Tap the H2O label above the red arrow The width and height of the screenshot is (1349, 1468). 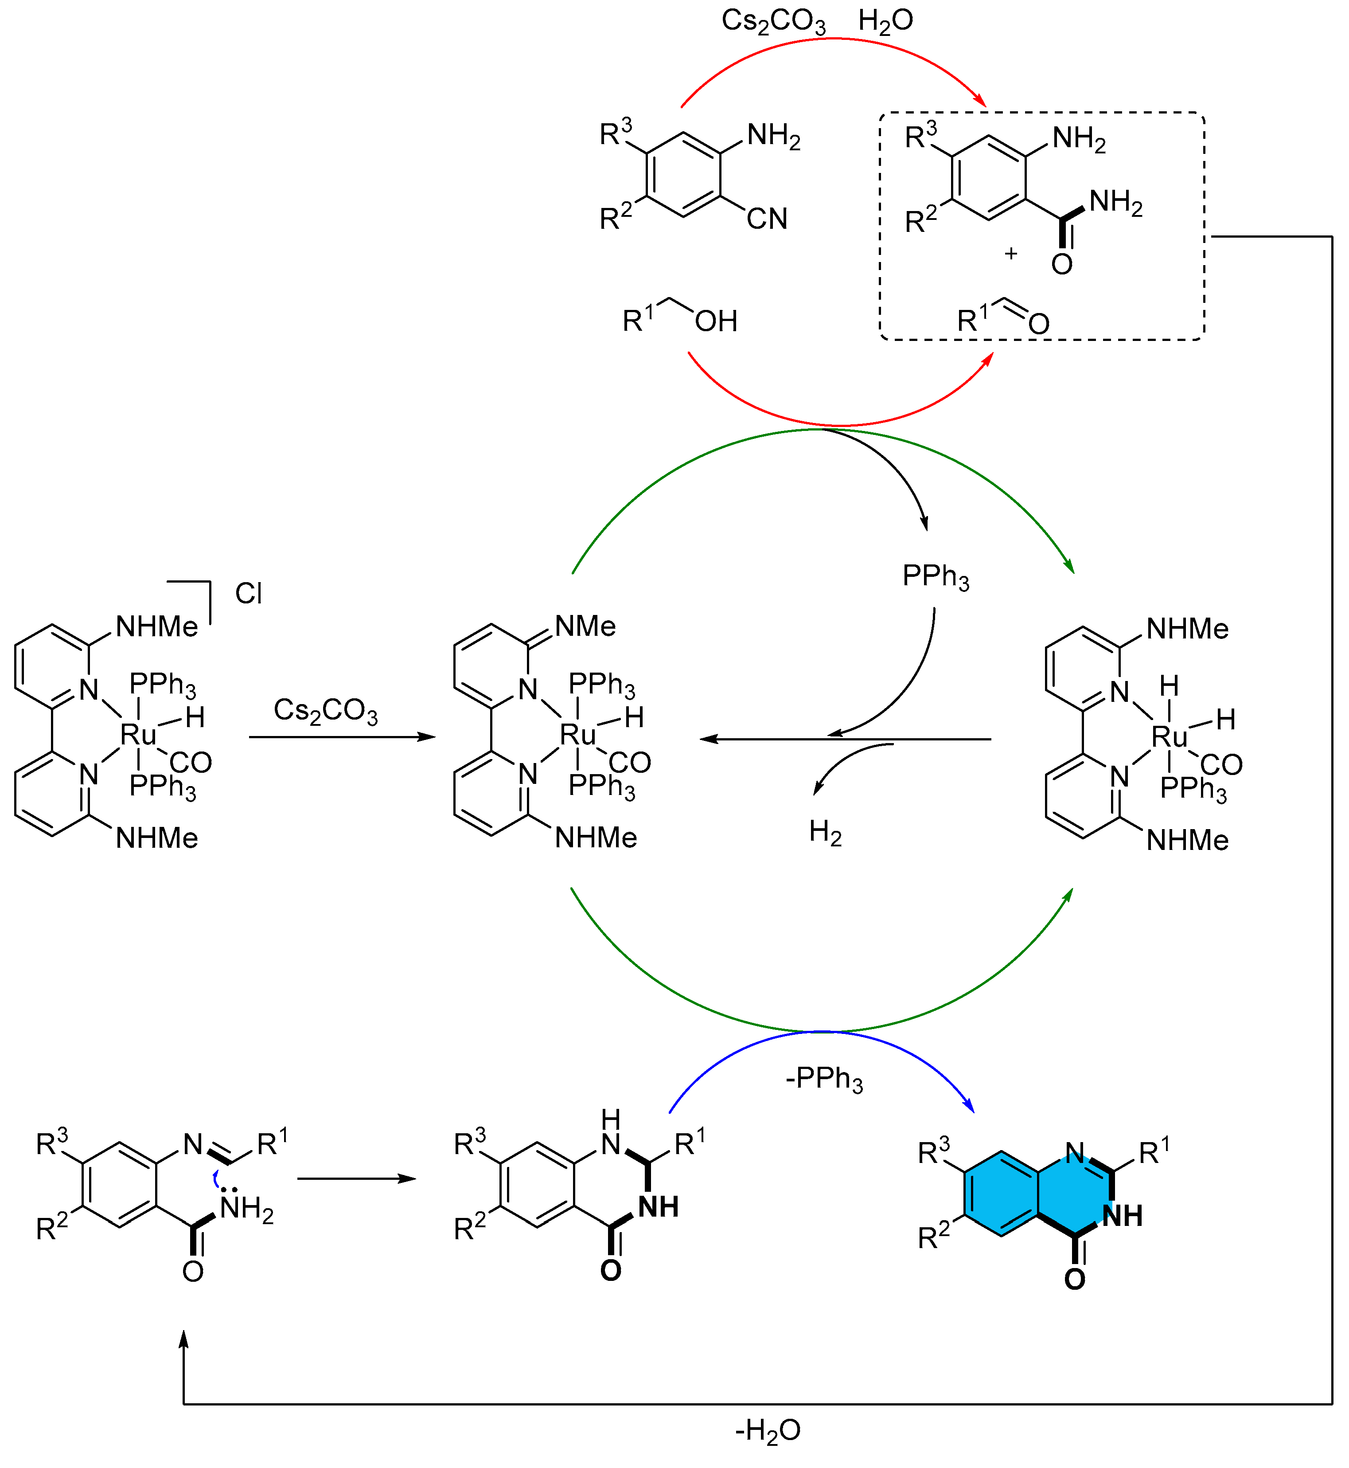coord(885,21)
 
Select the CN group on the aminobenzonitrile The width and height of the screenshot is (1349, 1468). coord(767,219)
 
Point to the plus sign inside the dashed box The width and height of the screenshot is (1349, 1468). coord(1010,254)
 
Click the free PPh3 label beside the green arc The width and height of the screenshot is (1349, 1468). coord(936,577)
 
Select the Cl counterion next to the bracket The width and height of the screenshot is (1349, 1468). coord(248,593)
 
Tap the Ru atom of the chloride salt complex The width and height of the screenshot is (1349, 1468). coord(138,734)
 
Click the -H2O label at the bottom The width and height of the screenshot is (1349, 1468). coord(768,1430)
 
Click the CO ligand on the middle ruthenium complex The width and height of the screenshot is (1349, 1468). coord(629,763)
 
